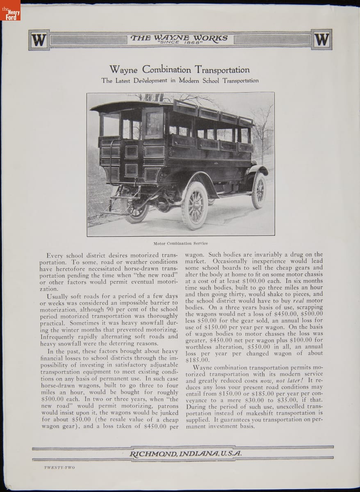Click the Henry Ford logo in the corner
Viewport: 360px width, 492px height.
point(10,10)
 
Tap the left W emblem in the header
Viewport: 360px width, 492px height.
point(39,40)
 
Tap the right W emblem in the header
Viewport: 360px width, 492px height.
point(321,40)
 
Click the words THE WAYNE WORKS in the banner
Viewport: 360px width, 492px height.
point(179,38)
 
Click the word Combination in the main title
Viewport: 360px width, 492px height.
point(167,70)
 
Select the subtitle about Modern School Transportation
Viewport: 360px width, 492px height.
point(180,80)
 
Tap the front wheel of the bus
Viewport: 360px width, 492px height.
point(258,190)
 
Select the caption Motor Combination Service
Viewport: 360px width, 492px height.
point(180,243)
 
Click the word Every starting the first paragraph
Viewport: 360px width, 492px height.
point(55,255)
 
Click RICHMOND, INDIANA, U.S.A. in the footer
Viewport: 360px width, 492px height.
point(185,453)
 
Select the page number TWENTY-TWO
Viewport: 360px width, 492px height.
point(59,467)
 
